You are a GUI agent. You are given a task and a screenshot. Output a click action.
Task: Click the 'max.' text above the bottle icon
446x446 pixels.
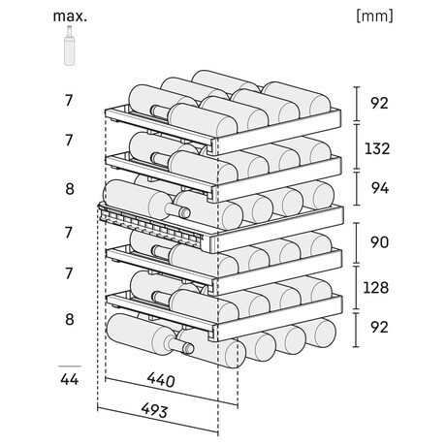tap(70, 16)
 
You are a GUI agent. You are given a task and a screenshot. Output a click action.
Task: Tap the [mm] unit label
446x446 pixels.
tap(374, 16)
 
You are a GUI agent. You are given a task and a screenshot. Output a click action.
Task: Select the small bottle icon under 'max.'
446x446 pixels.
tap(70, 46)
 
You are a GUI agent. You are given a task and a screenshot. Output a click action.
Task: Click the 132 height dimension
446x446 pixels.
tap(377, 149)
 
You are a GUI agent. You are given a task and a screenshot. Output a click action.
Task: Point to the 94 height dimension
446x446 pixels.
tap(380, 188)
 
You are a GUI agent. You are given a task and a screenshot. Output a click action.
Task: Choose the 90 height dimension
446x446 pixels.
tap(379, 242)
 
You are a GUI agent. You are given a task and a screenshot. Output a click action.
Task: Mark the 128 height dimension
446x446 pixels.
tap(376, 287)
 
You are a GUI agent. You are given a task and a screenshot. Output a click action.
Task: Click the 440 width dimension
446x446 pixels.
tap(161, 380)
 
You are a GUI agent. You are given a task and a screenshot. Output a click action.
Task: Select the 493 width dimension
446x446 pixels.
tap(154, 411)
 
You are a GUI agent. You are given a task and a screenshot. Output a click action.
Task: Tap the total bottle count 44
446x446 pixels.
tap(70, 379)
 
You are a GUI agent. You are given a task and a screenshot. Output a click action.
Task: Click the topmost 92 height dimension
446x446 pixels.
tap(379, 103)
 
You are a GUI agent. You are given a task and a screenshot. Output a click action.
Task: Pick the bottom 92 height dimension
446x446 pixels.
tap(379, 328)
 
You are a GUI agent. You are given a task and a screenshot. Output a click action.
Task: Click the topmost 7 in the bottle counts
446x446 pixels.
tap(69, 101)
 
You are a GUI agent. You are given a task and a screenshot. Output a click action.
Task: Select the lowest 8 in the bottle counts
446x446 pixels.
tap(70, 320)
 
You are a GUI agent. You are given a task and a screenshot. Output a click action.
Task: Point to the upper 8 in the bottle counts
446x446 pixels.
tap(70, 189)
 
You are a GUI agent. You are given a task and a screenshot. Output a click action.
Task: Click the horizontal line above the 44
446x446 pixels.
tap(70, 366)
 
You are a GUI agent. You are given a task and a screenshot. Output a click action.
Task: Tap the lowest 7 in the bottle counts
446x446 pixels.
tap(69, 273)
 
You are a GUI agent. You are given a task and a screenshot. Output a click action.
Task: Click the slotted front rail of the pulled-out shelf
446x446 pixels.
tap(151, 225)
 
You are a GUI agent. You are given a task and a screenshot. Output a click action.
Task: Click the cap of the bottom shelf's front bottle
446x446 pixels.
tap(188, 349)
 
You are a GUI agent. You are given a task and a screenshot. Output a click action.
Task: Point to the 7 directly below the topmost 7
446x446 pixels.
tap(69, 141)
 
